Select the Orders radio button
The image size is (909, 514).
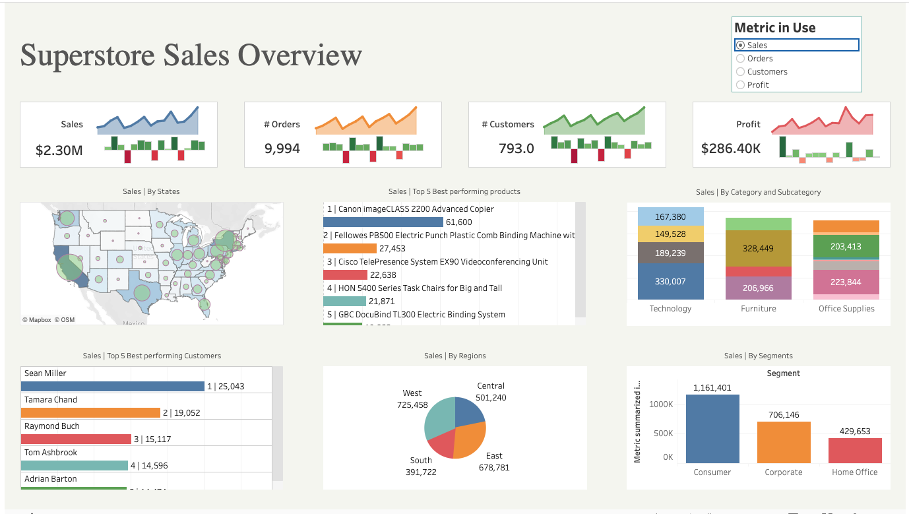pos(740,59)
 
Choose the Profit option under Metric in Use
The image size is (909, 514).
pos(740,85)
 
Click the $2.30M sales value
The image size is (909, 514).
pos(59,150)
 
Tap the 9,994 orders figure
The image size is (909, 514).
pos(282,148)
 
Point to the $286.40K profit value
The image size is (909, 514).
pos(731,148)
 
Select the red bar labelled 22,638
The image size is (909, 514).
pos(344,275)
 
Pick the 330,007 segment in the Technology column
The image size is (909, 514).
pos(670,282)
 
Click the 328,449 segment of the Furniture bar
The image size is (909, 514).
pos(758,249)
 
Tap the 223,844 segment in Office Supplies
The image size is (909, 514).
pos(846,282)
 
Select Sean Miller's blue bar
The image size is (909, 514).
pos(112,386)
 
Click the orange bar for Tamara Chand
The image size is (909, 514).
pos(90,412)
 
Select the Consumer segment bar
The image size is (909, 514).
pos(712,429)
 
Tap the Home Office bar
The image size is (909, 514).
pos(855,451)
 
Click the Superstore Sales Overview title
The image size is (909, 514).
pos(191,55)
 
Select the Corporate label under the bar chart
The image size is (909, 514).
pos(784,472)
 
